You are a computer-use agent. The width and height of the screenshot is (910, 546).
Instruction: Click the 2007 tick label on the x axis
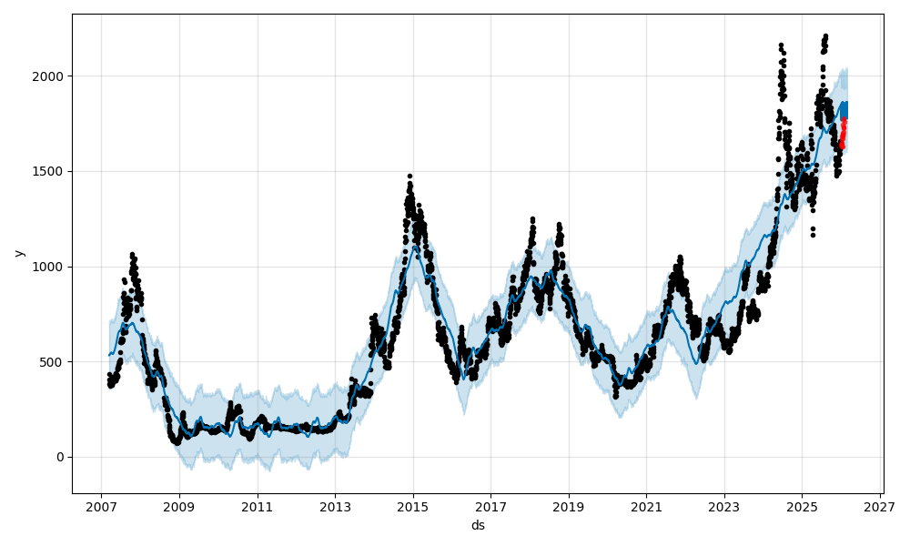coord(101,505)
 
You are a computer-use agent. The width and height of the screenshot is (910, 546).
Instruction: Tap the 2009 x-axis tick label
coord(179,505)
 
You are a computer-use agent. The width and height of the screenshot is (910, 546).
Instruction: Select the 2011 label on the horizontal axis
coord(258,505)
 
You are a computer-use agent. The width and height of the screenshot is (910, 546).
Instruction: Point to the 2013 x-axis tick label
coord(335,505)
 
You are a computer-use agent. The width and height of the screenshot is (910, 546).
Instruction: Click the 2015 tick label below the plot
coord(413,505)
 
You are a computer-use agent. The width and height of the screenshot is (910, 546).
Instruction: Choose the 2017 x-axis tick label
coord(490,505)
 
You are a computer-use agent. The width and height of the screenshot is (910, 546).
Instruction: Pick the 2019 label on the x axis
coord(569,505)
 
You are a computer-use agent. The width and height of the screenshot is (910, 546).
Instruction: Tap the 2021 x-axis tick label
coord(646,505)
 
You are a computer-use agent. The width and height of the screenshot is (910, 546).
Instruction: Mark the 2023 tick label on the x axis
coord(724,505)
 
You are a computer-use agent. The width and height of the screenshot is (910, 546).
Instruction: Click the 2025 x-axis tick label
coord(802,505)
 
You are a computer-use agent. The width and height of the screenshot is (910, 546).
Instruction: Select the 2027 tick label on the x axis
coord(880,505)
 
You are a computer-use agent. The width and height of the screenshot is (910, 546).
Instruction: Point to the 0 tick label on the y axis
coord(60,457)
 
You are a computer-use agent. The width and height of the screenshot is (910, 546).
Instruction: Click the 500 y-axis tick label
coord(54,362)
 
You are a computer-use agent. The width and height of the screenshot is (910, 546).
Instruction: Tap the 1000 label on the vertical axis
coord(50,267)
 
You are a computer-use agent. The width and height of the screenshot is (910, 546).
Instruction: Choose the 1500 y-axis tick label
coord(50,171)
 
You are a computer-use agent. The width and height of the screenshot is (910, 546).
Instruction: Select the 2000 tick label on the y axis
coord(50,76)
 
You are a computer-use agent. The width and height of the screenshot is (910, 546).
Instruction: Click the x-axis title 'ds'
coord(478,525)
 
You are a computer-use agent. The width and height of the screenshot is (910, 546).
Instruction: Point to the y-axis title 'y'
coord(18,254)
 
